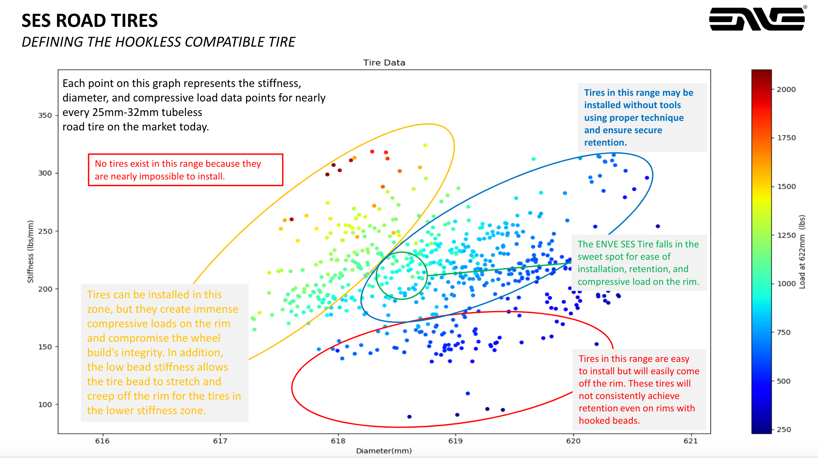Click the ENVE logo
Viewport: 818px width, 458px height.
click(757, 19)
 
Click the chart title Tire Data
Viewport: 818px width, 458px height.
click(384, 63)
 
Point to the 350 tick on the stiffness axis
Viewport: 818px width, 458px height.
click(45, 116)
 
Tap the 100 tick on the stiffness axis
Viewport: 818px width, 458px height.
click(45, 405)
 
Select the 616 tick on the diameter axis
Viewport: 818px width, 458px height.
click(103, 441)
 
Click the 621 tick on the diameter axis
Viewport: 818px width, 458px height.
click(690, 441)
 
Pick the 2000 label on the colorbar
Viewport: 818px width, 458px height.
click(786, 89)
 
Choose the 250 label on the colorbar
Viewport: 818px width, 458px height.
click(784, 430)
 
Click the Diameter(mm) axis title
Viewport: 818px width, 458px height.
click(384, 451)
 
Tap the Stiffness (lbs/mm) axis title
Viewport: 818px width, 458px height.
click(30, 252)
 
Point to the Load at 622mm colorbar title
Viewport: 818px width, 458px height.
click(802, 252)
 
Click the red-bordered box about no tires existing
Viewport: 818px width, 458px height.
click(186, 170)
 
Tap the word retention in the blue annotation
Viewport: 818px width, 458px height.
click(605, 142)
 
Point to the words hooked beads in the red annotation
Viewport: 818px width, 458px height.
click(609, 421)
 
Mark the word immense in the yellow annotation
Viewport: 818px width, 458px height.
click(216, 309)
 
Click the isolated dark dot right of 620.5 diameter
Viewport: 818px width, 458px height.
click(658, 226)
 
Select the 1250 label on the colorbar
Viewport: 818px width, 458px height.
click(786, 235)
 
